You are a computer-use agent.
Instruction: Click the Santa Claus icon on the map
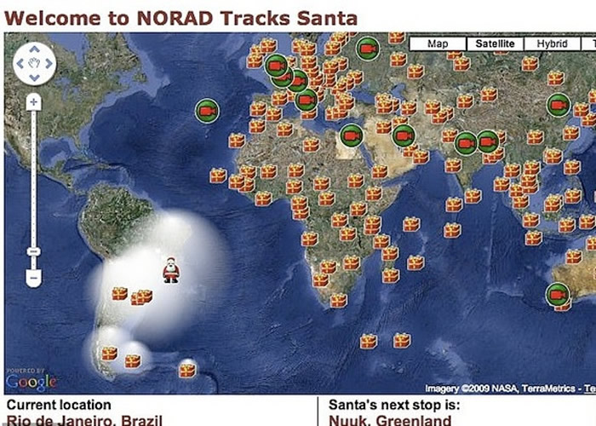click(171, 270)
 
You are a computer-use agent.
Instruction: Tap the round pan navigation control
click(34, 63)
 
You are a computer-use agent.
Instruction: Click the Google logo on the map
click(31, 380)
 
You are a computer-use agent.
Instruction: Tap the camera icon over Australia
click(557, 295)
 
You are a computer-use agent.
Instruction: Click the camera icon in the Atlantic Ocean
click(206, 111)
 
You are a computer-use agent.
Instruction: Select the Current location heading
click(59, 405)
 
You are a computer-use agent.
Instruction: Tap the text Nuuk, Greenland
click(390, 420)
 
